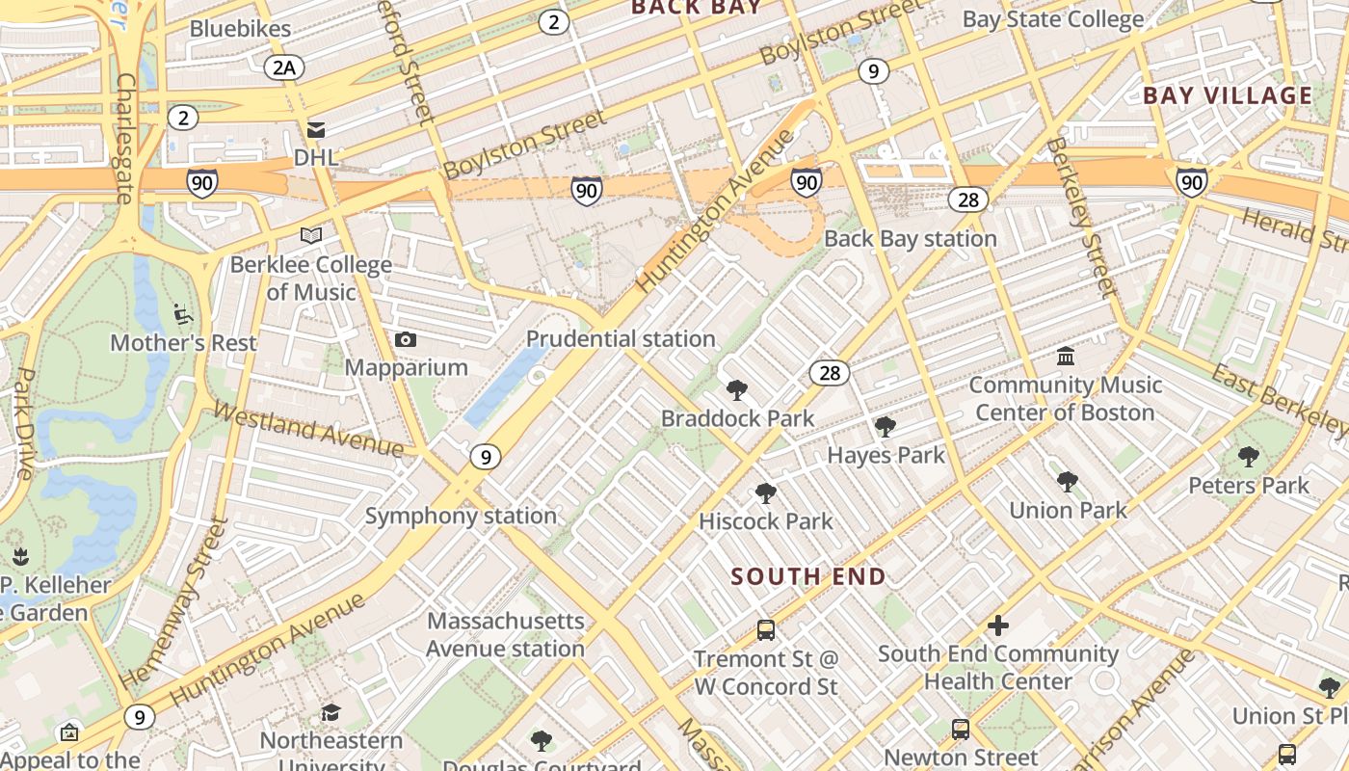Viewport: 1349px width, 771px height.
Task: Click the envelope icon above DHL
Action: (316, 130)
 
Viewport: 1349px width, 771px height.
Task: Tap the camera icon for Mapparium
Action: (406, 339)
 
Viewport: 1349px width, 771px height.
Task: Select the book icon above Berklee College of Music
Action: (311, 235)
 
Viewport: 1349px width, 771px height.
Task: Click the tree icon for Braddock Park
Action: (737, 390)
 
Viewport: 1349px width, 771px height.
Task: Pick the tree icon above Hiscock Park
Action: (766, 493)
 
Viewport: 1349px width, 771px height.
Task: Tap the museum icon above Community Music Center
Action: (1066, 357)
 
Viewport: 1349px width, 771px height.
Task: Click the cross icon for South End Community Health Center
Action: (998, 625)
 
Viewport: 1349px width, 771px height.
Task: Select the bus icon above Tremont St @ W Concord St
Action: (766, 630)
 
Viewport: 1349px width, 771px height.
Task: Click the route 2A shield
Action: (284, 66)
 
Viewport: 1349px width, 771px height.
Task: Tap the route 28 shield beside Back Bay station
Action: (967, 199)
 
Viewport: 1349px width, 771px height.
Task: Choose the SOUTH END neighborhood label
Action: (808, 576)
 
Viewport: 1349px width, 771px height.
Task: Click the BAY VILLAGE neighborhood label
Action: (1228, 95)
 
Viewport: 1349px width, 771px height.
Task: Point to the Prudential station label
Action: (621, 339)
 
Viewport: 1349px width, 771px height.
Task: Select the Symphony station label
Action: (461, 516)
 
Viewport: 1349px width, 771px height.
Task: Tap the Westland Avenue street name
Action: (308, 429)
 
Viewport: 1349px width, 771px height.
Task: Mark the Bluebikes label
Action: (240, 29)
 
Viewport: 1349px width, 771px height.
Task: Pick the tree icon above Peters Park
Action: (1249, 457)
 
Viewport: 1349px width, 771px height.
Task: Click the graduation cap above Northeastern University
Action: (331, 712)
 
